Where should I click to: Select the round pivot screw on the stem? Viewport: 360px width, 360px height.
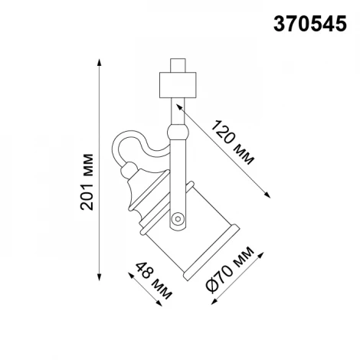tap(178, 218)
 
